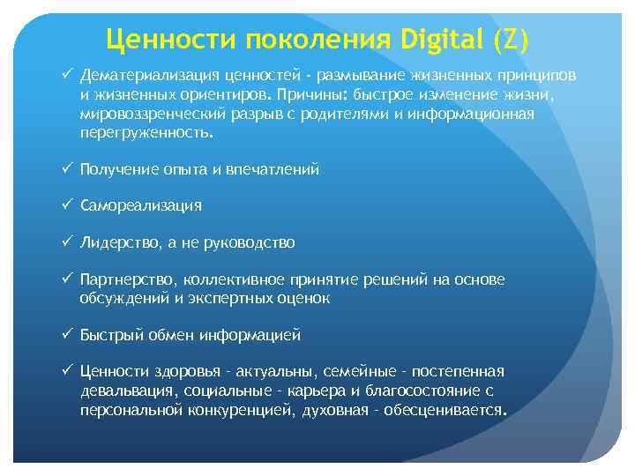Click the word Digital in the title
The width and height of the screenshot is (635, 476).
pos(441,39)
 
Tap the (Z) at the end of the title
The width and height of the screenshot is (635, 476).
pos(512,39)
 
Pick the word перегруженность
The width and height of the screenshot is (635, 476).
pos(146,131)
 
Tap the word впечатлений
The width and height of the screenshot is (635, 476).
pos(273,169)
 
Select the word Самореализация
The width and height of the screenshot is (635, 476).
pos(140,205)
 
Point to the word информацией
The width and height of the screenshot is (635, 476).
pos(250,335)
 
